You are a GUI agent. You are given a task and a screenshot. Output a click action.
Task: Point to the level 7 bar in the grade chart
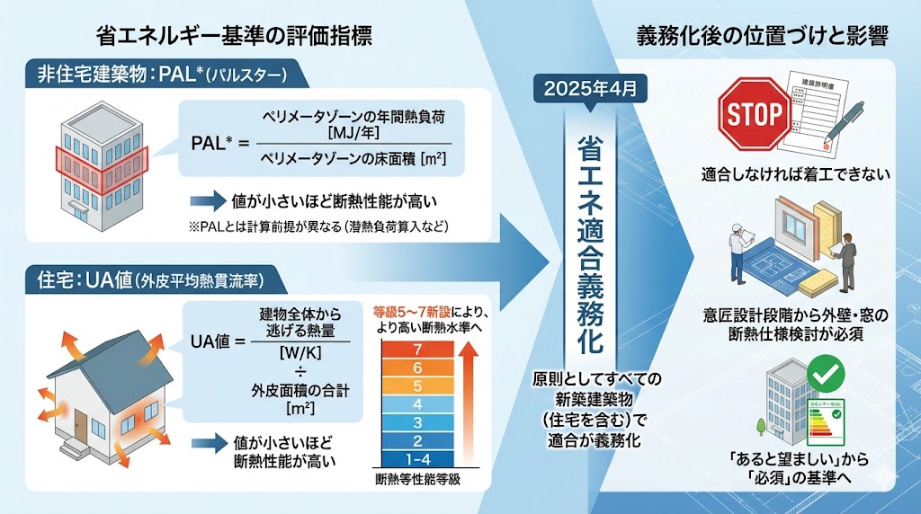[x=415, y=349]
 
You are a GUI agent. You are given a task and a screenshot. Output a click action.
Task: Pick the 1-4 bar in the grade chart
[x=415, y=458]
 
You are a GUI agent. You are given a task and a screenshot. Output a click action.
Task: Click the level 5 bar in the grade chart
[x=415, y=385]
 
